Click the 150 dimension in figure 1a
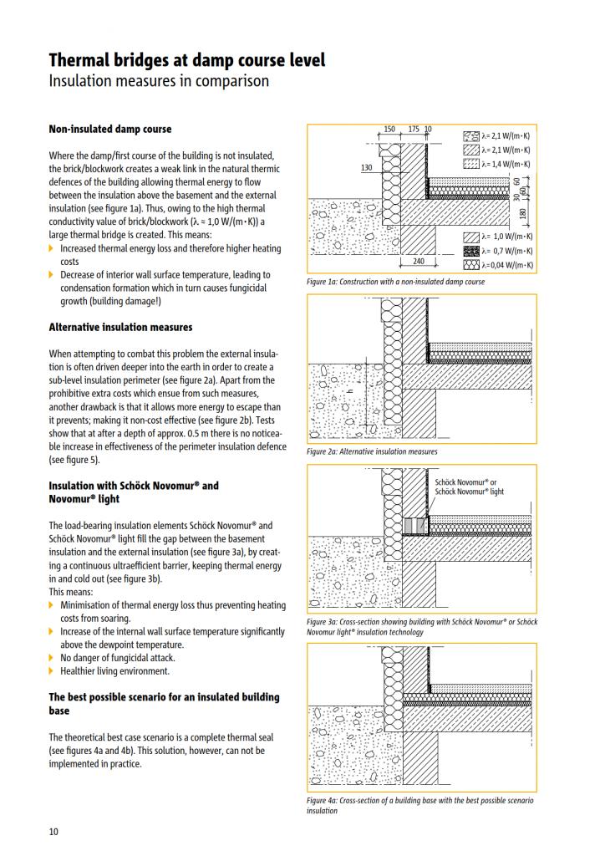click(x=389, y=130)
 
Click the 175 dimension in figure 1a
click(x=414, y=130)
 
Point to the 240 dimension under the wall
click(x=419, y=262)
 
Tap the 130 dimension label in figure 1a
click(x=366, y=168)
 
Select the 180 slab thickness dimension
click(x=523, y=215)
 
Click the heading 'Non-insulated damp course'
click(x=110, y=130)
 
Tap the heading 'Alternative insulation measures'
click(x=120, y=327)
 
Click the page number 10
click(x=53, y=831)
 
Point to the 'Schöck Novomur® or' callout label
click(x=466, y=482)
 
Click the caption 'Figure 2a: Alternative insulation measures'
click(x=372, y=451)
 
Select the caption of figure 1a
click(x=395, y=282)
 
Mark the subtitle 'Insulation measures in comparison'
click(x=159, y=81)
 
